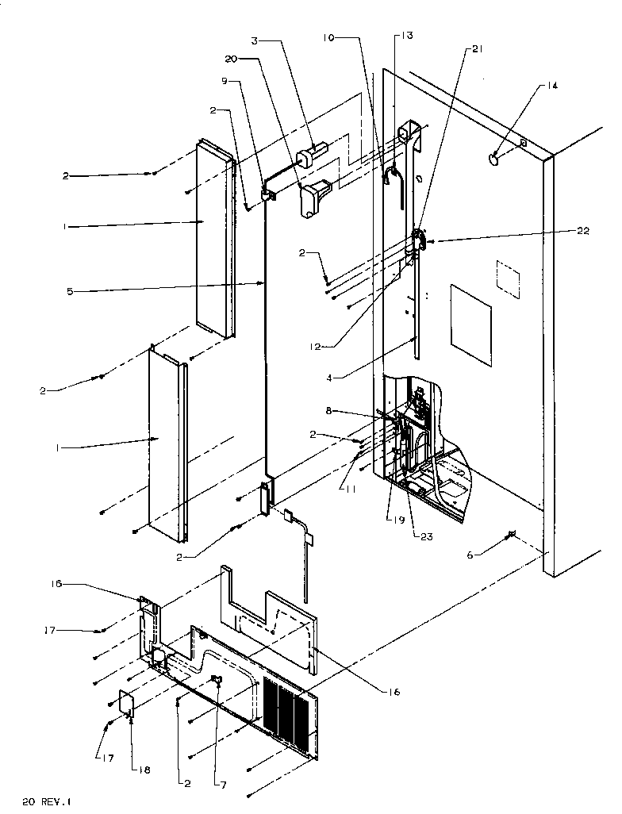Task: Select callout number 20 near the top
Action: pyautogui.click(x=231, y=59)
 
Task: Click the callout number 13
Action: pyautogui.click(x=406, y=36)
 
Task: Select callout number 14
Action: pyautogui.click(x=552, y=86)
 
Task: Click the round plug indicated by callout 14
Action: pyautogui.click(x=495, y=159)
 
